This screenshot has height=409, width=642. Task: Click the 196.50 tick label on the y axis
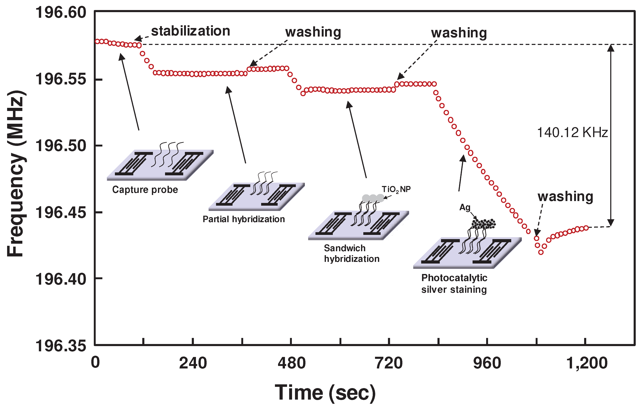pos(61,146)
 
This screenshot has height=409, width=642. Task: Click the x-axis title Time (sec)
pos(325,393)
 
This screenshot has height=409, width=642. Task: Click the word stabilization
pos(191,31)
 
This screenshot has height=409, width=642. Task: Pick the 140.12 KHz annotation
pos(572,133)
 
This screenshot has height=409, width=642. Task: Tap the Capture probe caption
pos(145,190)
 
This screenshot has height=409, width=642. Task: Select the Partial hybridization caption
pos(244,219)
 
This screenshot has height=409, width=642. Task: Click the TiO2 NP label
pos(396,189)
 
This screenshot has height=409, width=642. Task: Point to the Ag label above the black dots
pos(465,207)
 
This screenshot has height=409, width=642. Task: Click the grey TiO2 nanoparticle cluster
pos(373,198)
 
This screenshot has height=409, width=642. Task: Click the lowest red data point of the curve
pos(541,252)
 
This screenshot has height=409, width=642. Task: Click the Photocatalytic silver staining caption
pos(454,284)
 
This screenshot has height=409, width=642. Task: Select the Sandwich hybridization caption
pos(351,254)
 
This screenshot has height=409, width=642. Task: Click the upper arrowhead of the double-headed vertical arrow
pos(610,48)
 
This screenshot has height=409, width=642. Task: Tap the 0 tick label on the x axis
pos(95,363)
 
